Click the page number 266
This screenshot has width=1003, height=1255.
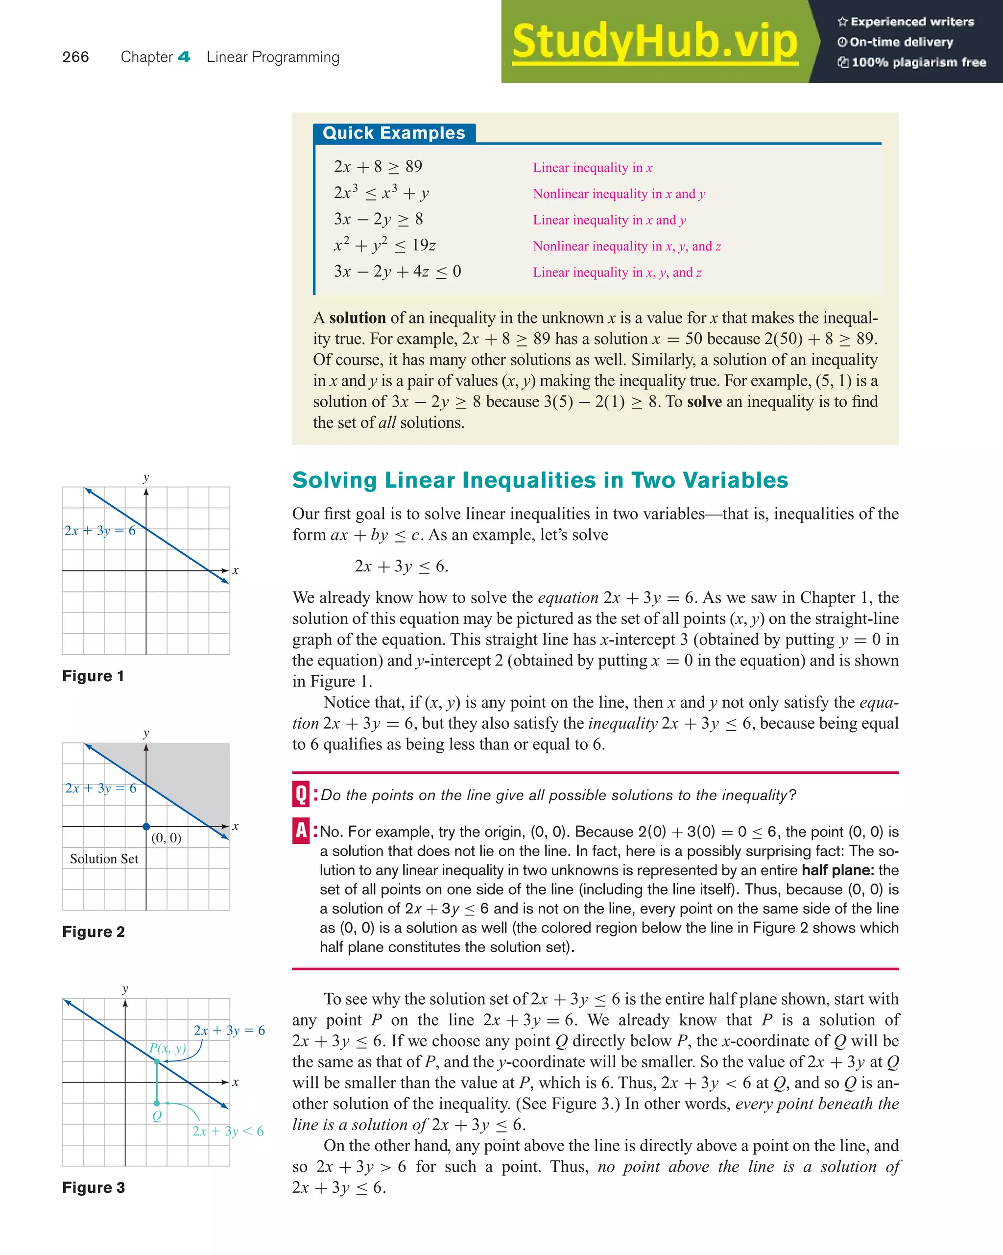[x=75, y=57]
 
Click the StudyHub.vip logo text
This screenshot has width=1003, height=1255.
[x=654, y=42]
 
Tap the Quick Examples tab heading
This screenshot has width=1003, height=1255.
[x=394, y=133]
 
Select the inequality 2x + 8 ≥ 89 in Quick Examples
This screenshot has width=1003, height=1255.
[x=378, y=167]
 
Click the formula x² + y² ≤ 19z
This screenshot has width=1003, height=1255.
[x=384, y=246]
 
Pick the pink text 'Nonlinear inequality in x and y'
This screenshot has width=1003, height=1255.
[x=619, y=194]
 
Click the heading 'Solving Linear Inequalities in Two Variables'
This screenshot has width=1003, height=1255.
[x=540, y=480]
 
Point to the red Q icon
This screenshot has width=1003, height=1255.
[x=301, y=794]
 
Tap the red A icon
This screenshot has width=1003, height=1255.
[x=301, y=831]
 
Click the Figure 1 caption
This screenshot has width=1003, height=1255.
[x=93, y=676]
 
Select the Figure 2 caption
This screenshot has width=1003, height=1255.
[x=94, y=932]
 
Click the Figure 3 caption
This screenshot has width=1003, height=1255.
[x=94, y=1187]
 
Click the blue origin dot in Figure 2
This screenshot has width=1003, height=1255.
[x=146, y=827]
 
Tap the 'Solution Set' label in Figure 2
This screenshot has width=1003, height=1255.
[x=104, y=859]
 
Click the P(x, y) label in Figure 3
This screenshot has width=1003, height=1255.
[x=167, y=1048]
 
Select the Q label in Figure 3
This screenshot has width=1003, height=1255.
[x=157, y=1116]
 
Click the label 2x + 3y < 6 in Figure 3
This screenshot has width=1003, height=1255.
[x=228, y=1131]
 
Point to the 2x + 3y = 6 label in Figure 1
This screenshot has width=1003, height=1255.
[x=100, y=530]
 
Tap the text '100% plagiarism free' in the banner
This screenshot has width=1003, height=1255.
[x=918, y=62]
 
